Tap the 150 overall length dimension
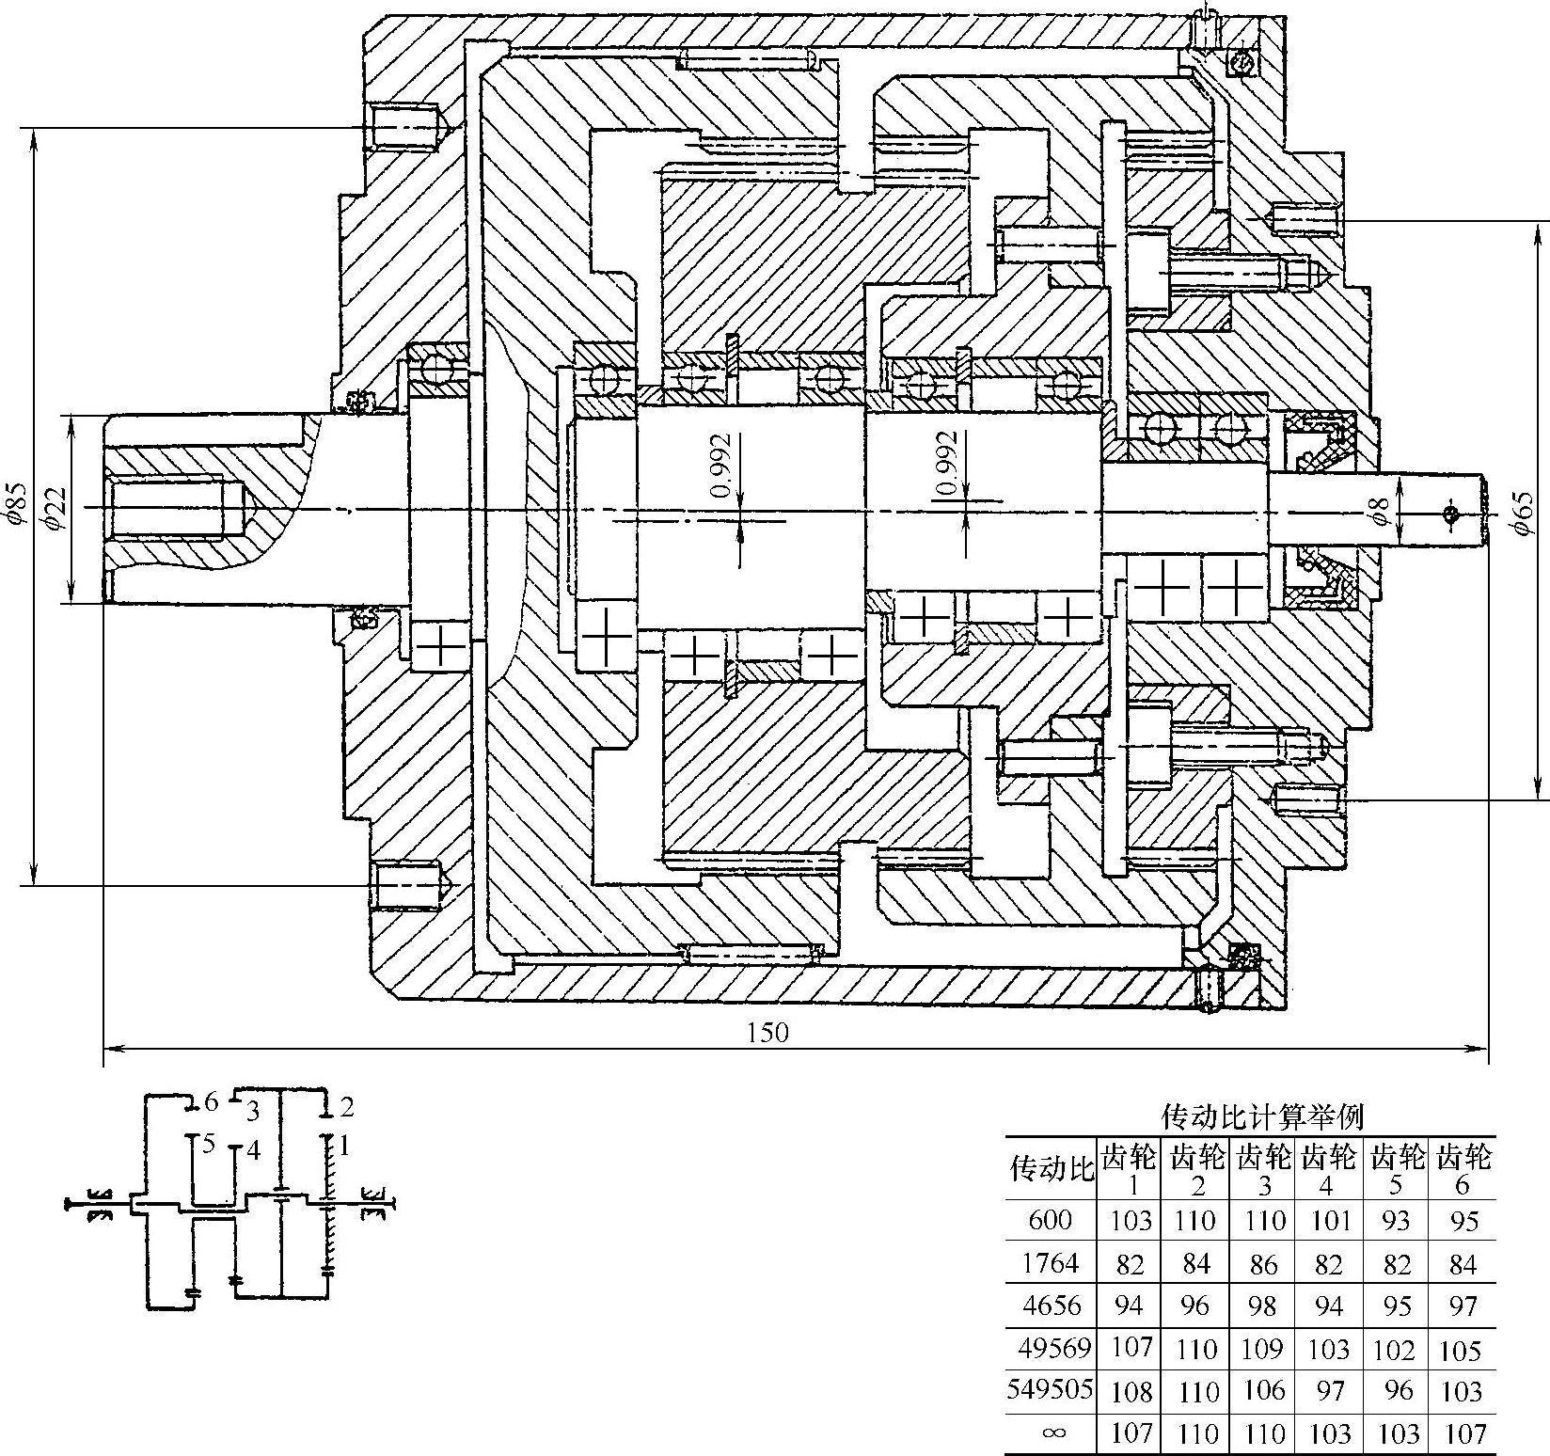point(767,1033)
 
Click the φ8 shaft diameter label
point(1380,512)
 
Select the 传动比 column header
point(1052,1169)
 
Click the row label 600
point(1051,1221)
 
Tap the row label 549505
point(1051,1390)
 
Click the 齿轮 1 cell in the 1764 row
point(1130,1265)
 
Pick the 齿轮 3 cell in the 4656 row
point(1263,1306)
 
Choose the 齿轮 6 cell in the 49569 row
point(1461,1351)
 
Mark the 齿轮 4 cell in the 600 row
point(1328,1221)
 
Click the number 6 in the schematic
point(212,1100)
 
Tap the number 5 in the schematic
point(209,1145)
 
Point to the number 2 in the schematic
point(346,1106)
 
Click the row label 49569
point(1053,1349)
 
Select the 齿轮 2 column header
point(1196,1169)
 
